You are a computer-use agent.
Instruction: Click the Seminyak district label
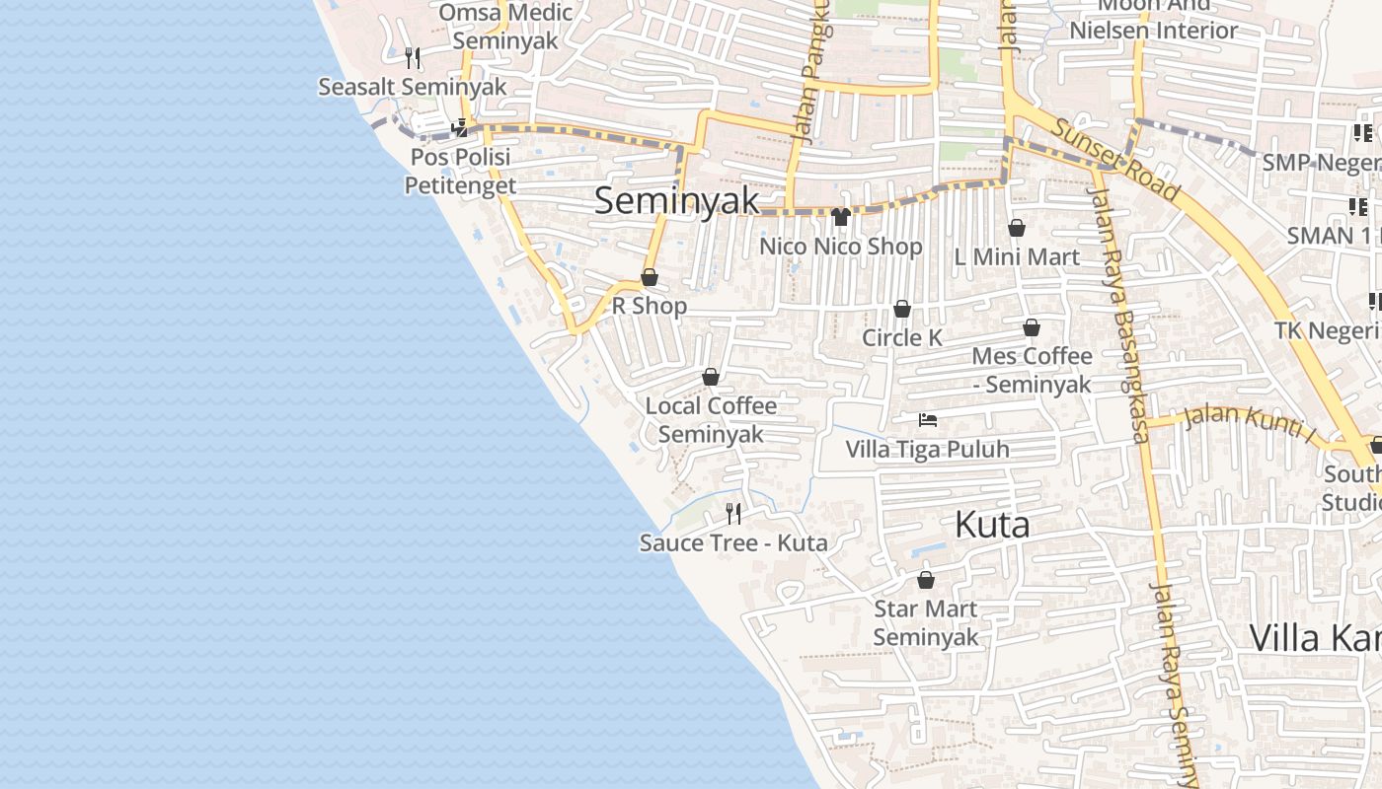click(677, 201)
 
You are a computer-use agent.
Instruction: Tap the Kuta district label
click(992, 525)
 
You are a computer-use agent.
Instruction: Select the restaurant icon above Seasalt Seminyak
click(413, 58)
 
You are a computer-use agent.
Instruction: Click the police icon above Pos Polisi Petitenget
click(460, 128)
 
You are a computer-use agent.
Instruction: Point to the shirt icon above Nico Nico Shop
click(841, 217)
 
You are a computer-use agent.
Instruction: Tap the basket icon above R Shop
click(650, 278)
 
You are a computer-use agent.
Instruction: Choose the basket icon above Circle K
click(902, 310)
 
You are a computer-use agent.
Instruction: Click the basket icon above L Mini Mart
click(1017, 229)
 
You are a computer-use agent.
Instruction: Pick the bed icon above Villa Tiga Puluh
click(928, 420)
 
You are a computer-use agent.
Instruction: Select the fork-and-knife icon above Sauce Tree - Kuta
click(733, 513)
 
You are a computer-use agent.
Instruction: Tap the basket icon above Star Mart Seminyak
click(926, 580)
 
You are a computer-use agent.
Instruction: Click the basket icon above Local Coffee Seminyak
click(711, 377)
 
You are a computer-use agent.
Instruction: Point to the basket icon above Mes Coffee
click(1032, 327)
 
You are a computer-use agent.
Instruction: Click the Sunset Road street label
click(1114, 159)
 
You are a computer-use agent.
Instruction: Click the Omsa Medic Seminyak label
click(505, 27)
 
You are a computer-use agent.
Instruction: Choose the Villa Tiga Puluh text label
click(928, 450)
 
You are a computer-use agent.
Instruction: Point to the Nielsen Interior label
click(1154, 30)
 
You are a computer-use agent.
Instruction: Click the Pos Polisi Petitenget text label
click(460, 172)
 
